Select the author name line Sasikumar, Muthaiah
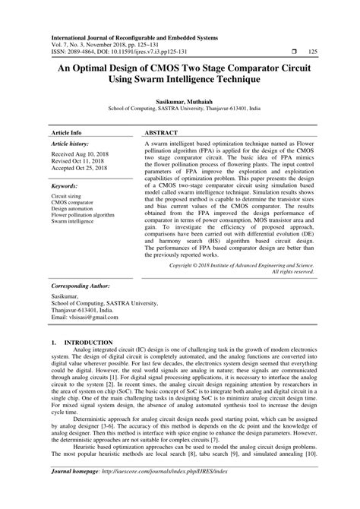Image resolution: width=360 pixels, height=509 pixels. (179, 100)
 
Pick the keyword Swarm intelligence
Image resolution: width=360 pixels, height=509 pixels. (74, 222)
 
